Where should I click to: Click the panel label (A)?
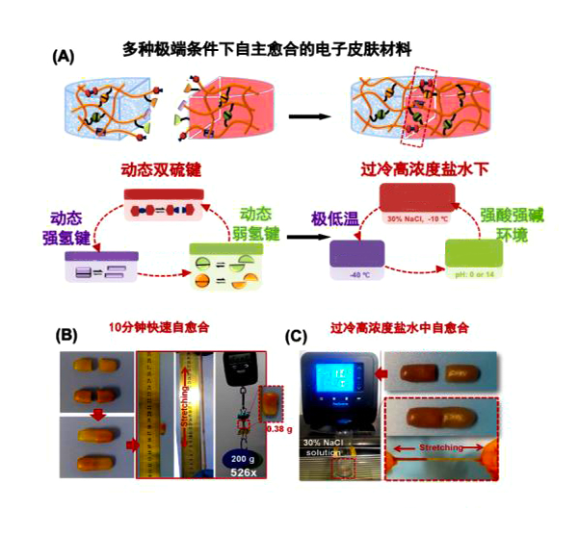pyautogui.click(x=63, y=57)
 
